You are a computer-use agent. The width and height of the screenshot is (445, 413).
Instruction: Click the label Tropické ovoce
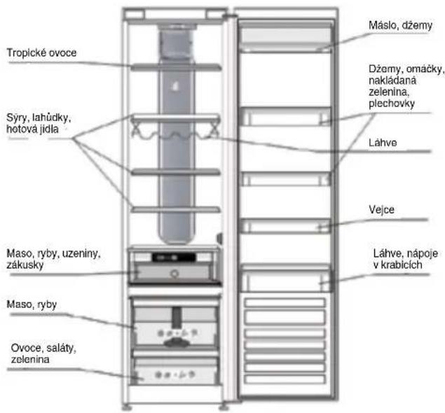[41, 52]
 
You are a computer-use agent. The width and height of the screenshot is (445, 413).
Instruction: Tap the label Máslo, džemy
[400, 25]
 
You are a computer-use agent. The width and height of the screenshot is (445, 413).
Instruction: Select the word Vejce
[381, 209]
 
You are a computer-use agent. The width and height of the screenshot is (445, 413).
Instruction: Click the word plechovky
[392, 104]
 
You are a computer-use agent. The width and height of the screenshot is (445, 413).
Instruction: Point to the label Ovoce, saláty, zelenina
[43, 353]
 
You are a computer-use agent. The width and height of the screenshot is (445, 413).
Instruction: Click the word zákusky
[25, 265]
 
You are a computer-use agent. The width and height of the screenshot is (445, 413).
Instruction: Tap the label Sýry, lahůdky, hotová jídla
[39, 123]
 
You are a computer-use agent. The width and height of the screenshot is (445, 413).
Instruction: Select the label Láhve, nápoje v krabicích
[405, 259]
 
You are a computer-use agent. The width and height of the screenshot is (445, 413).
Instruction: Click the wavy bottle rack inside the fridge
[175, 133]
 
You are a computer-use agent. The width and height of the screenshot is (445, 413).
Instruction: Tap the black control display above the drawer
[174, 258]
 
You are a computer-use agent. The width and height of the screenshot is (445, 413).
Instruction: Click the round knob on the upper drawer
[174, 274]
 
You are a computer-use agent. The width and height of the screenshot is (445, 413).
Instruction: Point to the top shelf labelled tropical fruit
[176, 67]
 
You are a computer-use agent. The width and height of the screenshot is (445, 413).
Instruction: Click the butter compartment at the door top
[285, 38]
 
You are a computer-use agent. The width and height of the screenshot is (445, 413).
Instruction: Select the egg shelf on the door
[285, 226]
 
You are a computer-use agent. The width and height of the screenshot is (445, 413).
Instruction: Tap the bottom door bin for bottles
[286, 279]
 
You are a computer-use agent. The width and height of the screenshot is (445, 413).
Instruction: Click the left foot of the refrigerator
[127, 407]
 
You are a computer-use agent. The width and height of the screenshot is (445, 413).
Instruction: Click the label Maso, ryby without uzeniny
[32, 304]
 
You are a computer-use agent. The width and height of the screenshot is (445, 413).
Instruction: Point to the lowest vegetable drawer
[175, 371]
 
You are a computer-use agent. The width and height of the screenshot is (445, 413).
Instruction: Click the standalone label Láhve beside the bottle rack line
[383, 143]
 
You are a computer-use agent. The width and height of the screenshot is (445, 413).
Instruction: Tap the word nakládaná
[392, 80]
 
